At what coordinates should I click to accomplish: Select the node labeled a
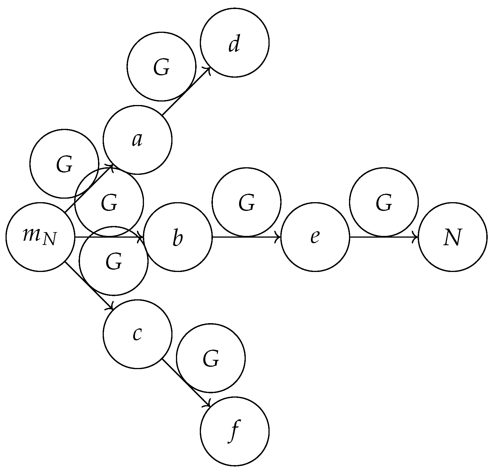pos(137,140)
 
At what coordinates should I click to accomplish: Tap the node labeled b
pos(178,237)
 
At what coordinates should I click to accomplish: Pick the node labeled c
pos(137,335)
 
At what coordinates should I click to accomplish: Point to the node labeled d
pos(234,43)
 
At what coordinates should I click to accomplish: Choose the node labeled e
pos(315,237)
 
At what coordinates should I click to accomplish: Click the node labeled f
pos(234,432)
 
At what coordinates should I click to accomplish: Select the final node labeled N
pos(453,237)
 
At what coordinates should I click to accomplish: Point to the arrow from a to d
pos(186,91)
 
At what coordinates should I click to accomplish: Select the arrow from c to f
pos(186,383)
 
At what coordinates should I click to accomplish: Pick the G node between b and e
pos(247,202)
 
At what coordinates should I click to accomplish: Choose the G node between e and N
pos(384,202)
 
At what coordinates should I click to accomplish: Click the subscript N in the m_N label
pos(49,240)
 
